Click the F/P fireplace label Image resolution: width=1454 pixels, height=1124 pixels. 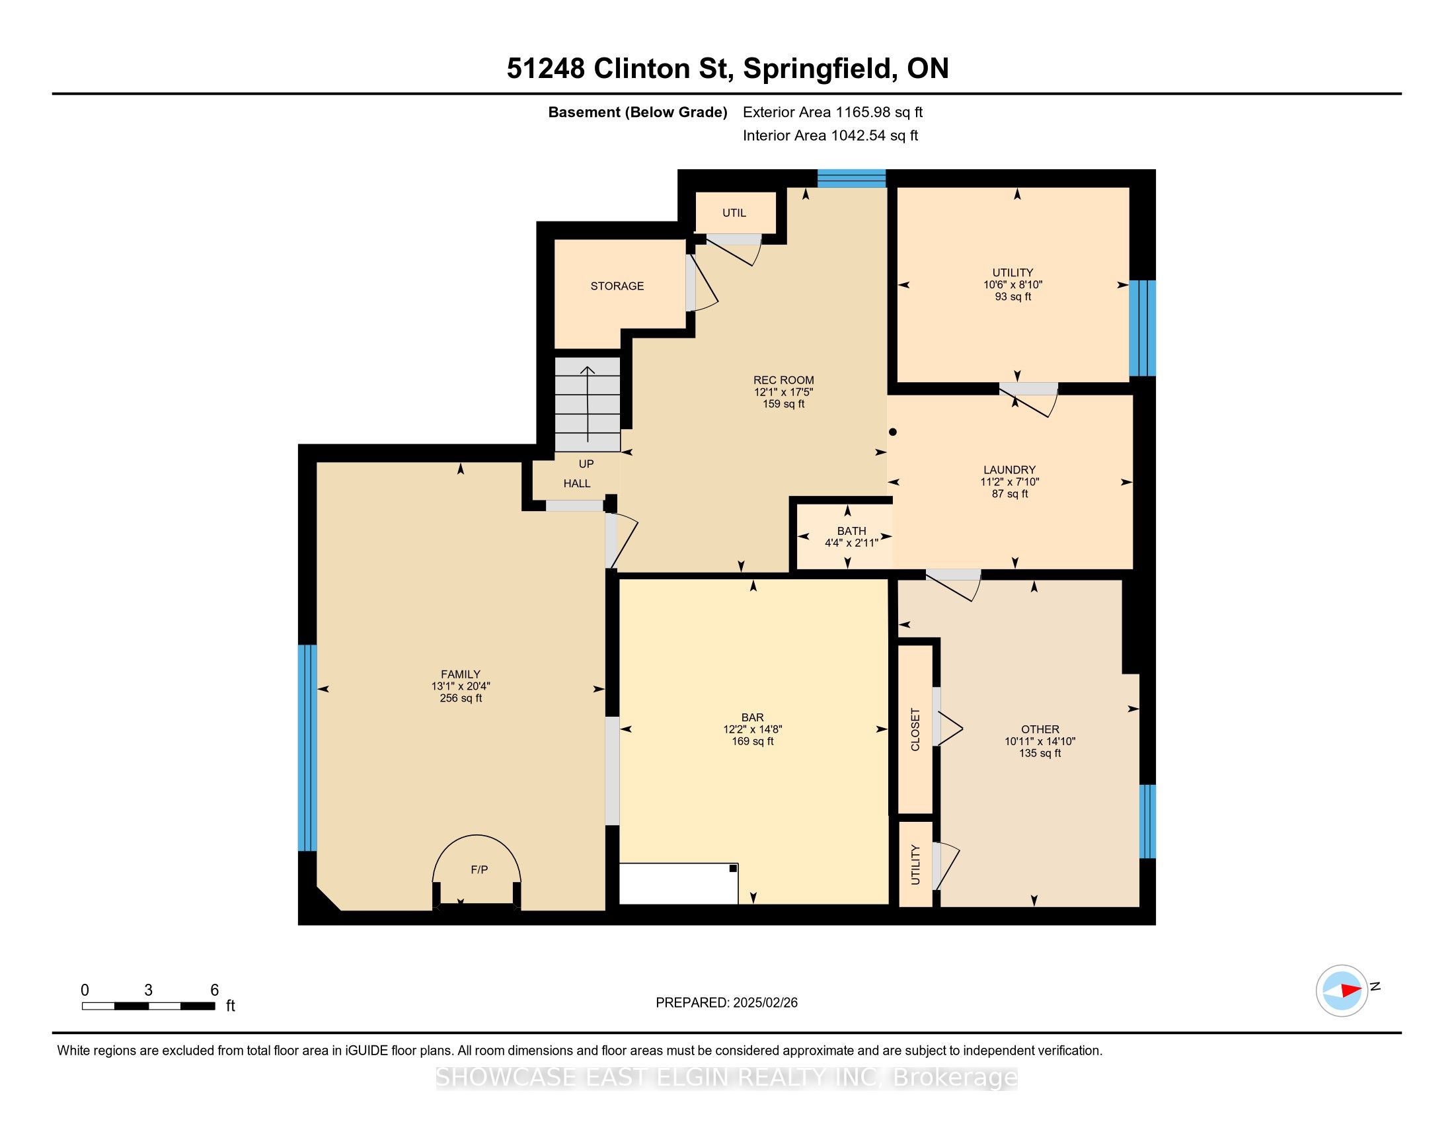[479, 869]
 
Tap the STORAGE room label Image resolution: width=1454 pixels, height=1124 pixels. [617, 286]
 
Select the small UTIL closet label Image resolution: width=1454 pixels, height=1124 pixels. [734, 213]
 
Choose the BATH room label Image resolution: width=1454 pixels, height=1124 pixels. [851, 531]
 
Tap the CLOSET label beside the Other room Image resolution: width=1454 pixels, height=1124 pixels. [915, 730]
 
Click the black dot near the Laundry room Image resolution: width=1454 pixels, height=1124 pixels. [894, 432]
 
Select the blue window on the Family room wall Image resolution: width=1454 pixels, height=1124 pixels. [307, 748]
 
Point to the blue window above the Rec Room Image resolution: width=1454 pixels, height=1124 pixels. [851, 179]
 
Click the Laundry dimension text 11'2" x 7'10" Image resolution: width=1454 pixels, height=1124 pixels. [1010, 482]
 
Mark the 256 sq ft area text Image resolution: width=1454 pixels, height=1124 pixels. [461, 698]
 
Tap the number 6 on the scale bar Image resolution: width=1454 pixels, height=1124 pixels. [214, 990]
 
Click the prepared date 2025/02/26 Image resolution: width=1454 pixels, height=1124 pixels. [764, 1003]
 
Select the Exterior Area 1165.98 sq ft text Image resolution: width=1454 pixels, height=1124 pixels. [833, 112]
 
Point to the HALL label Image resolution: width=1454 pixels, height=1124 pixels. [577, 483]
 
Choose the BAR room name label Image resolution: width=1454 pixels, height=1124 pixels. [752, 717]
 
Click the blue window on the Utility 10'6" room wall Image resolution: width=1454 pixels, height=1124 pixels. [1143, 329]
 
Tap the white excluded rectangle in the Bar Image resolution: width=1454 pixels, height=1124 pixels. [678, 883]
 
